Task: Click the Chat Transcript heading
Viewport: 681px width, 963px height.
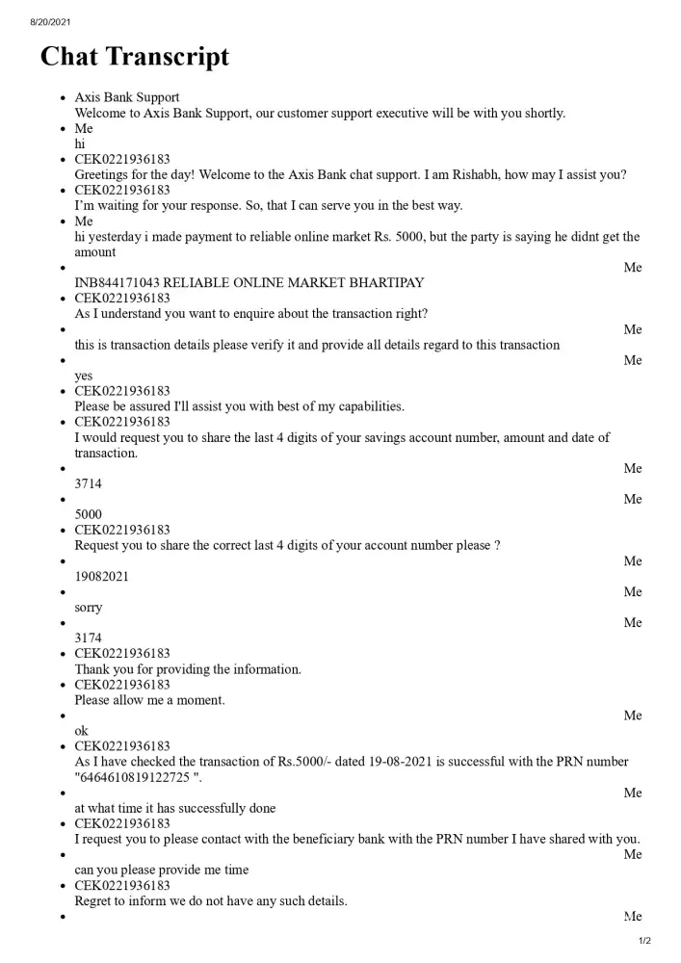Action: pos(135,57)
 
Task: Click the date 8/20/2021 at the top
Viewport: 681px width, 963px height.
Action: pos(50,21)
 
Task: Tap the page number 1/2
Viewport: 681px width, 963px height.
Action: pos(644,941)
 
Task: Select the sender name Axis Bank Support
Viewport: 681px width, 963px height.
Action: pos(127,97)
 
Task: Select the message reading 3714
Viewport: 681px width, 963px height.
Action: pos(89,483)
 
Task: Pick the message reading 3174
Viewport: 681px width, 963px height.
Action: pos(89,638)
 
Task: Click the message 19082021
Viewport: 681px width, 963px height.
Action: pos(102,576)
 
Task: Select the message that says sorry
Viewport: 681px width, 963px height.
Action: pos(89,607)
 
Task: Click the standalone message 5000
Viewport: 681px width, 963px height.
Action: pos(89,514)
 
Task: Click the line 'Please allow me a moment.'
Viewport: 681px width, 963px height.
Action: pos(149,700)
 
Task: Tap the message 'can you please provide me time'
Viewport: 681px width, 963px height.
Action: pos(162,870)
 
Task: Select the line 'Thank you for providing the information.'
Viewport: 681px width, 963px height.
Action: pos(188,669)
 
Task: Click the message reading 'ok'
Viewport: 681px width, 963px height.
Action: pos(81,731)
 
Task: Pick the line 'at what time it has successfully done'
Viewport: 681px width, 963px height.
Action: pos(175,808)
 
